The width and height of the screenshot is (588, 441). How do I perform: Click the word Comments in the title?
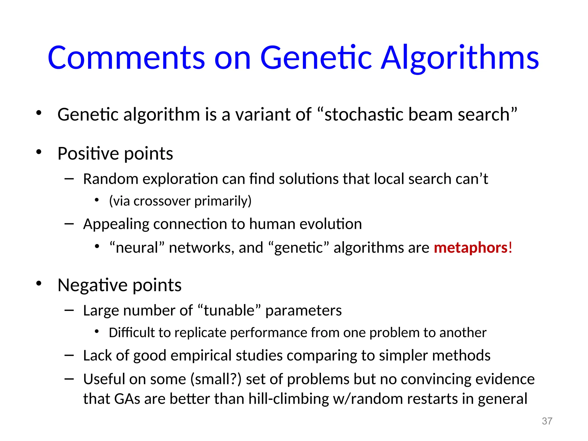coord(126,58)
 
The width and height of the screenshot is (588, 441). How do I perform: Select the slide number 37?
coord(547,421)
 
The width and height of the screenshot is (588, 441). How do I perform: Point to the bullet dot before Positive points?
coord(39,152)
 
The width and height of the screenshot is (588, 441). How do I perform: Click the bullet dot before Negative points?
coord(39,284)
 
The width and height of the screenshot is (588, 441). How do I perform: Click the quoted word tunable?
coord(229,311)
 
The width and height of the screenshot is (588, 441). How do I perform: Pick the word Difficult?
coord(132,333)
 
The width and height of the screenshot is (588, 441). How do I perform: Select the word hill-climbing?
coord(289,399)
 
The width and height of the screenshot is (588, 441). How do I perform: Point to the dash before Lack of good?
coord(69,356)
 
